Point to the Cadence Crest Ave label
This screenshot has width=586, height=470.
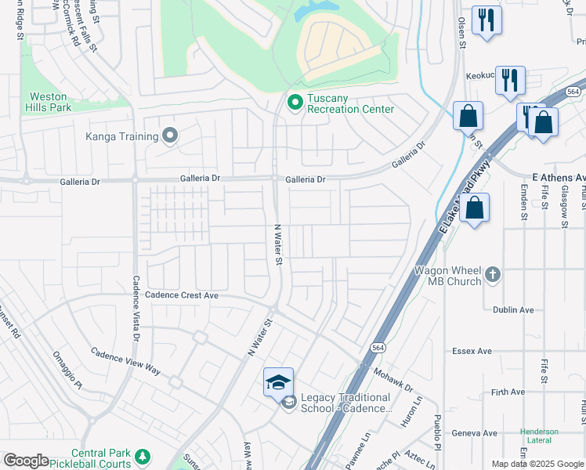(x=182, y=295)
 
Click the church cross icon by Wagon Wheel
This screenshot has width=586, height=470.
(x=492, y=274)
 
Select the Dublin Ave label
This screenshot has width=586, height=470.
(x=513, y=310)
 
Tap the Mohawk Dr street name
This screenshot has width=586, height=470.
(x=392, y=381)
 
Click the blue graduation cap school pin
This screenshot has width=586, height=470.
(x=278, y=381)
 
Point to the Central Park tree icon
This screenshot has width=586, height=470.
(x=143, y=456)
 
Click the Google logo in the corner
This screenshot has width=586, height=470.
(x=26, y=461)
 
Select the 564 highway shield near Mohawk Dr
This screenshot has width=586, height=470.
(x=378, y=347)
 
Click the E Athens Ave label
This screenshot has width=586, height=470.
(x=558, y=178)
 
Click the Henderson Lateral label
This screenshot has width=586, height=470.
(x=539, y=436)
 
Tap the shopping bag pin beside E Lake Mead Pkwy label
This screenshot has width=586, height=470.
(x=474, y=209)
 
